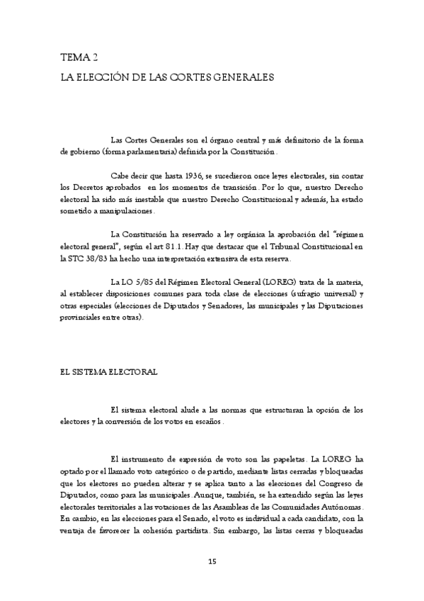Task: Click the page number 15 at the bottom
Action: pyautogui.click(x=212, y=562)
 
